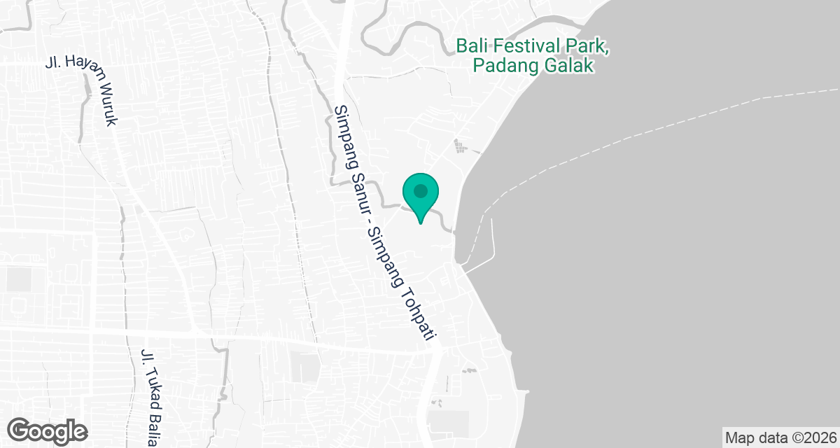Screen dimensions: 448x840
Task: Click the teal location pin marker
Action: pos(420,196)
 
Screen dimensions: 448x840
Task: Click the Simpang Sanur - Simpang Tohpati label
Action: pos(381,224)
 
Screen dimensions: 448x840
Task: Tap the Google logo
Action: pos(48,430)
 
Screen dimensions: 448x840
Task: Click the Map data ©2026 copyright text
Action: pos(780,437)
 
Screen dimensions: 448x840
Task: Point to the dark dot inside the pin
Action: pos(420,190)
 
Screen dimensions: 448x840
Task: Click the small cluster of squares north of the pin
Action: pos(459,146)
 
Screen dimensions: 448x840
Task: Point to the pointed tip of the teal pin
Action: pos(420,223)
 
